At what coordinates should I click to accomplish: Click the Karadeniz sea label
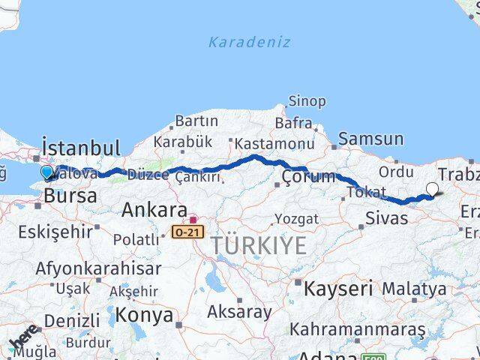pyautogui.click(x=248, y=42)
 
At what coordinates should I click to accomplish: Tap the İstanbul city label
pyautogui.click(x=81, y=147)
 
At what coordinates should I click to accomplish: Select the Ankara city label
pyautogui.click(x=154, y=209)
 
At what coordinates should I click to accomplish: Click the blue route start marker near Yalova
pyautogui.click(x=47, y=173)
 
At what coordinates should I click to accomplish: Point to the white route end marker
pyautogui.click(x=433, y=190)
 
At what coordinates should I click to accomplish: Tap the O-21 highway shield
pyautogui.click(x=187, y=232)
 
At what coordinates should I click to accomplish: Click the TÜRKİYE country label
pyautogui.click(x=258, y=245)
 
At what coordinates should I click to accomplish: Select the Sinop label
pyautogui.click(x=307, y=101)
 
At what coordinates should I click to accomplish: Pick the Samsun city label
pyautogui.click(x=370, y=139)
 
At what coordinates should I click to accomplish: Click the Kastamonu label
pyautogui.click(x=274, y=143)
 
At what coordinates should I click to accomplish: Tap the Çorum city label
pyautogui.click(x=308, y=177)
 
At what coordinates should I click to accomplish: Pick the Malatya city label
pyautogui.click(x=413, y=288)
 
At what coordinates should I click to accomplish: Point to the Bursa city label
pyautogui.click(x=70, y=196)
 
